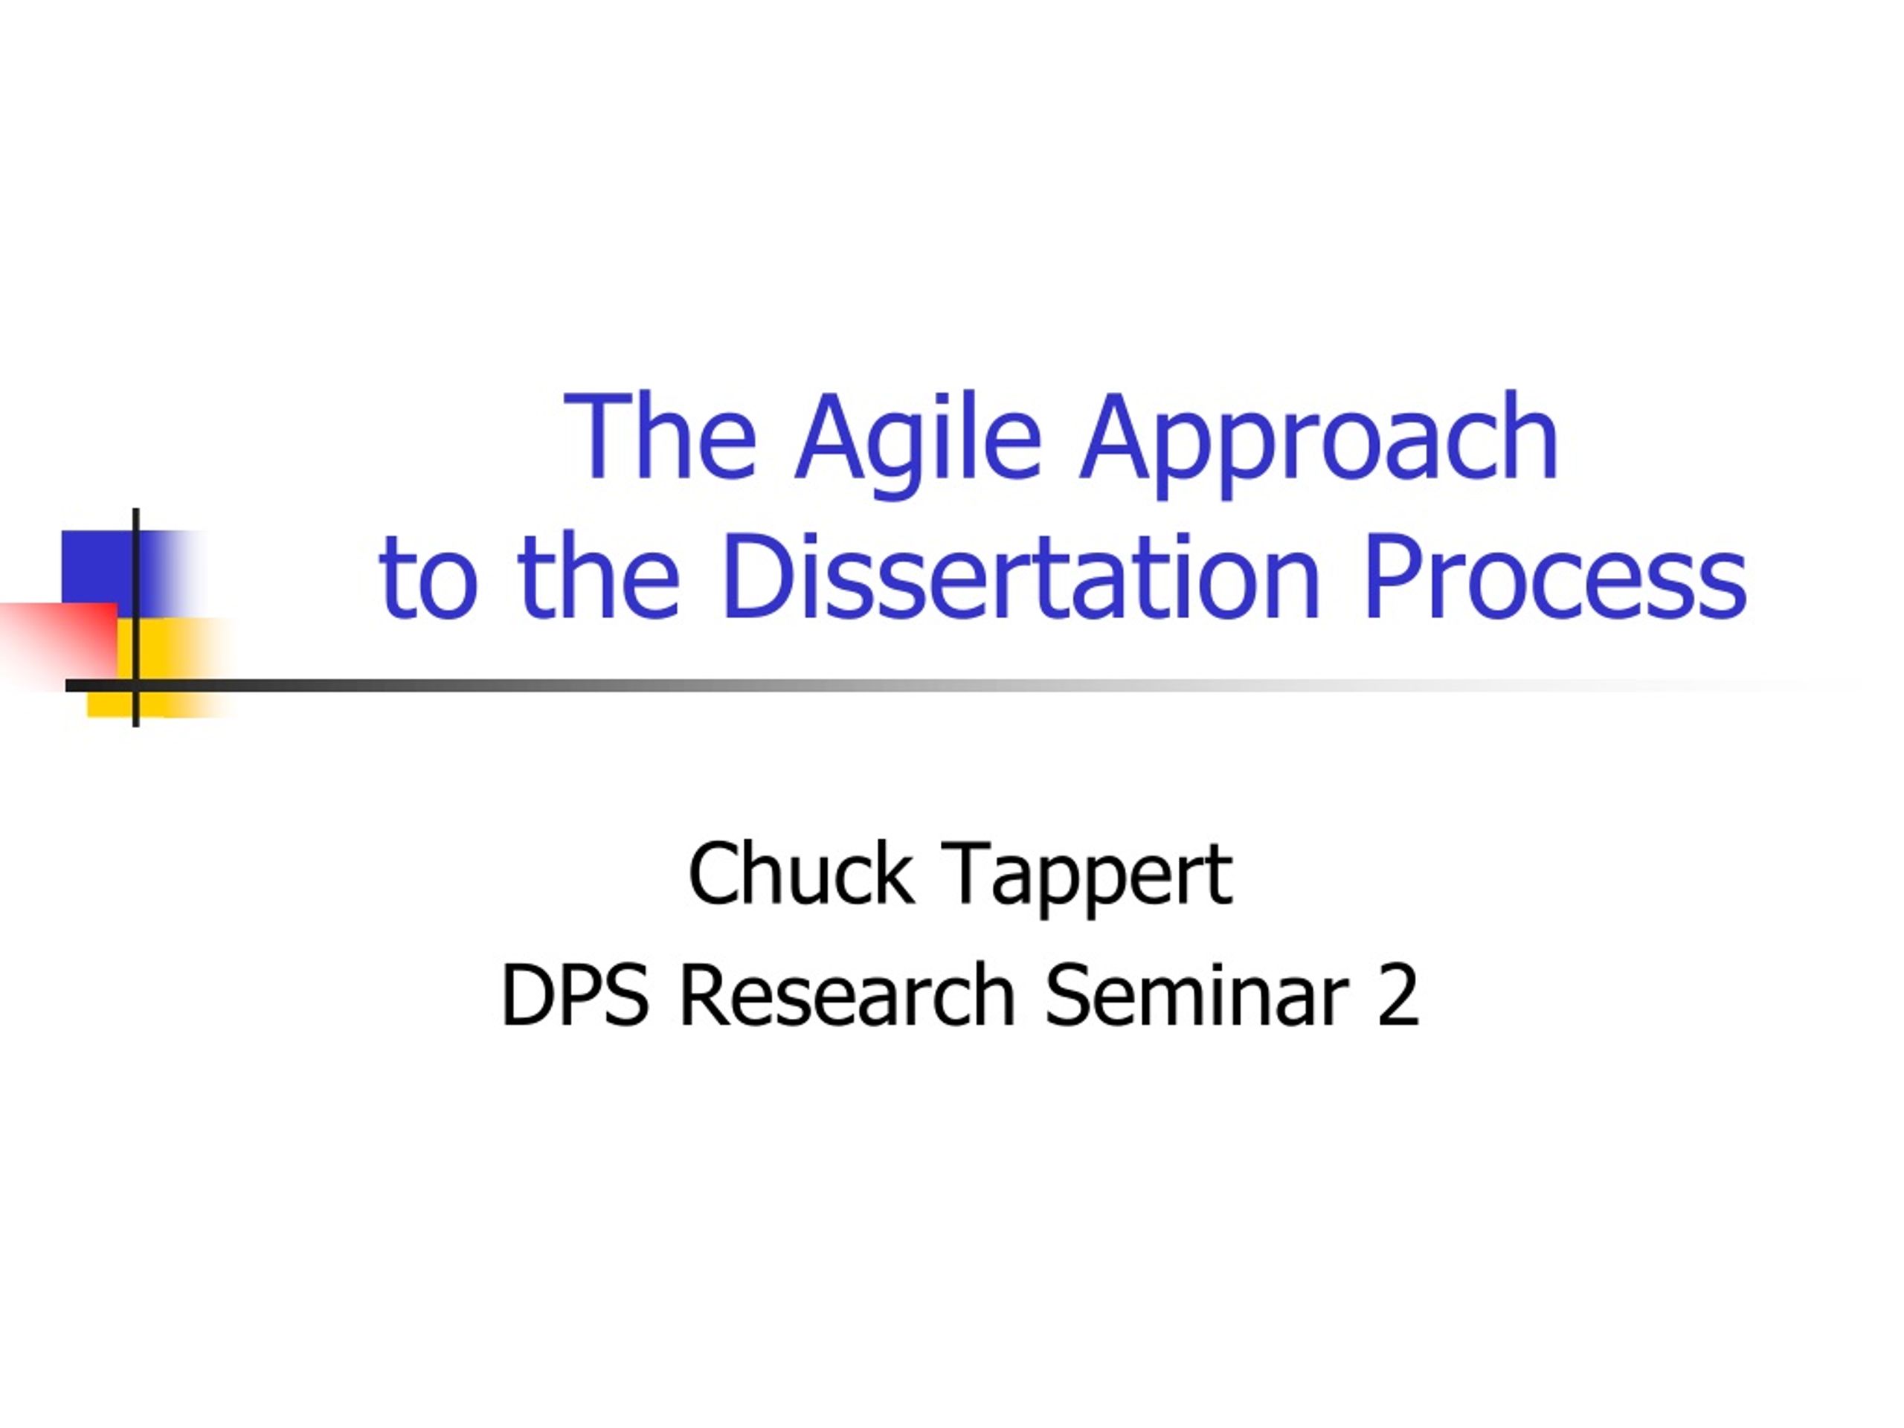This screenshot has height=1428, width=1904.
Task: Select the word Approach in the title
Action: (x=1319, y=444)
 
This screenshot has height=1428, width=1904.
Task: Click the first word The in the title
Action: (x=661, y=437)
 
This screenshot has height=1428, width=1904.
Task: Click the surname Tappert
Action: (x=1087, y=880)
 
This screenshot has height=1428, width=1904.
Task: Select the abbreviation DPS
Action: (x=574, y=996)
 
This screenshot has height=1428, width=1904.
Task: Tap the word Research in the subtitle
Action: (x=847, y=996)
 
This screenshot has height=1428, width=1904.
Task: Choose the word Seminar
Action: (x=1197, y=996)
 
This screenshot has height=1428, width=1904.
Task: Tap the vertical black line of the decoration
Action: (x=136, y=617)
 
